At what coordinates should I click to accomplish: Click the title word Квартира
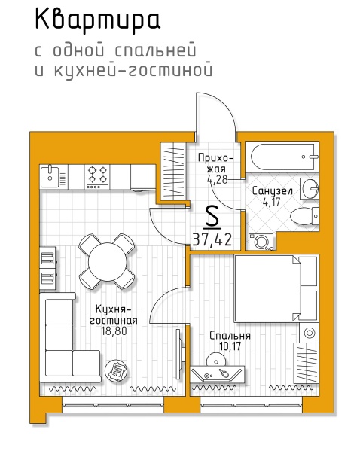[x=97, y=20]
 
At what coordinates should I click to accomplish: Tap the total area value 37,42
[x=212, y=239]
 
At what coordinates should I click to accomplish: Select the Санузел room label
[x=272, y=191]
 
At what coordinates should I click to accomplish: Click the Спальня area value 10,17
[x=230, y=346]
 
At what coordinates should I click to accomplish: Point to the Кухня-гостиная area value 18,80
[x=114, y=331]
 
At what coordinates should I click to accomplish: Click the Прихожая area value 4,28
[x=217, y=179]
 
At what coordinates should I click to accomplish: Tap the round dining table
[x=108, y=262]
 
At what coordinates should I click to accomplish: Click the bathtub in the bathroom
[x=282, y=157]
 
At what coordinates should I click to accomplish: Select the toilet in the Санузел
[x=304, y=216]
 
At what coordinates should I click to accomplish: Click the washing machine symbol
[x=261, y=242]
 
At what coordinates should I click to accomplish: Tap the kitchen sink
[x=50, y=176]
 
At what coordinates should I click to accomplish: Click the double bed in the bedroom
[x=276, y=288]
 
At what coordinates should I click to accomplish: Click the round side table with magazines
[x=116, y=370]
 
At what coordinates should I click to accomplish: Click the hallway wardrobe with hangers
[x=172, y=171]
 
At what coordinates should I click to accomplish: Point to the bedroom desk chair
[x=216, y=359]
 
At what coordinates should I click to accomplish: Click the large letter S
[x=212, y=217]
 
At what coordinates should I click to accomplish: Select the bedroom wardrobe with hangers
[x=307, y=363]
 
